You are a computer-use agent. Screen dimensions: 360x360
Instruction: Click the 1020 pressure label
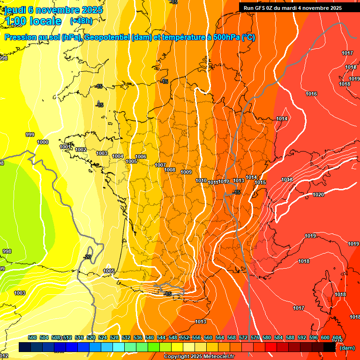coord(318,195)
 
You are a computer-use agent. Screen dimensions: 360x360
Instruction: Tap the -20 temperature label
coord(87,257)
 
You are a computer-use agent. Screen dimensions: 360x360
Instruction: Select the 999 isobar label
coord(30,135)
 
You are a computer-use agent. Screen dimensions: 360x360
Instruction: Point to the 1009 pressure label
coord(186,172)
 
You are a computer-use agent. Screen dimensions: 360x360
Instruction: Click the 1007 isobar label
coord(160,165)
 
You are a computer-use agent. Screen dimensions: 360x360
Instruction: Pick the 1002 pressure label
coord(81,150)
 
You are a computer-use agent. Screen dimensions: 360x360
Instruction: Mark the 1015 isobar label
coord(261,182)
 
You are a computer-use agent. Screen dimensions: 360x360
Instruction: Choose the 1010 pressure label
coord(201,180)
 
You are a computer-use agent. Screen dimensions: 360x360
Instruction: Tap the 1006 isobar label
coord(141,157)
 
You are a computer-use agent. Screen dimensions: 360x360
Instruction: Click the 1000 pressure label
coord(43,142)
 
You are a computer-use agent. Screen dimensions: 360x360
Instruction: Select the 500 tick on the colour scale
coord(32,337)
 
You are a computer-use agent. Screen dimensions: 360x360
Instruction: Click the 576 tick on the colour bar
coord(255,337)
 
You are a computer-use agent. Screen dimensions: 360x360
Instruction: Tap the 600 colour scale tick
coord(325,337)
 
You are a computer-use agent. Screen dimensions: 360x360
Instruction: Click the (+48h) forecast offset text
coord(81,21)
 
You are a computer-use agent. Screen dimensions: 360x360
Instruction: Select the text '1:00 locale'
coord(33,21)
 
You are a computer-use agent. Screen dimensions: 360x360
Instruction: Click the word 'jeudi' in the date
coord(16,10)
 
